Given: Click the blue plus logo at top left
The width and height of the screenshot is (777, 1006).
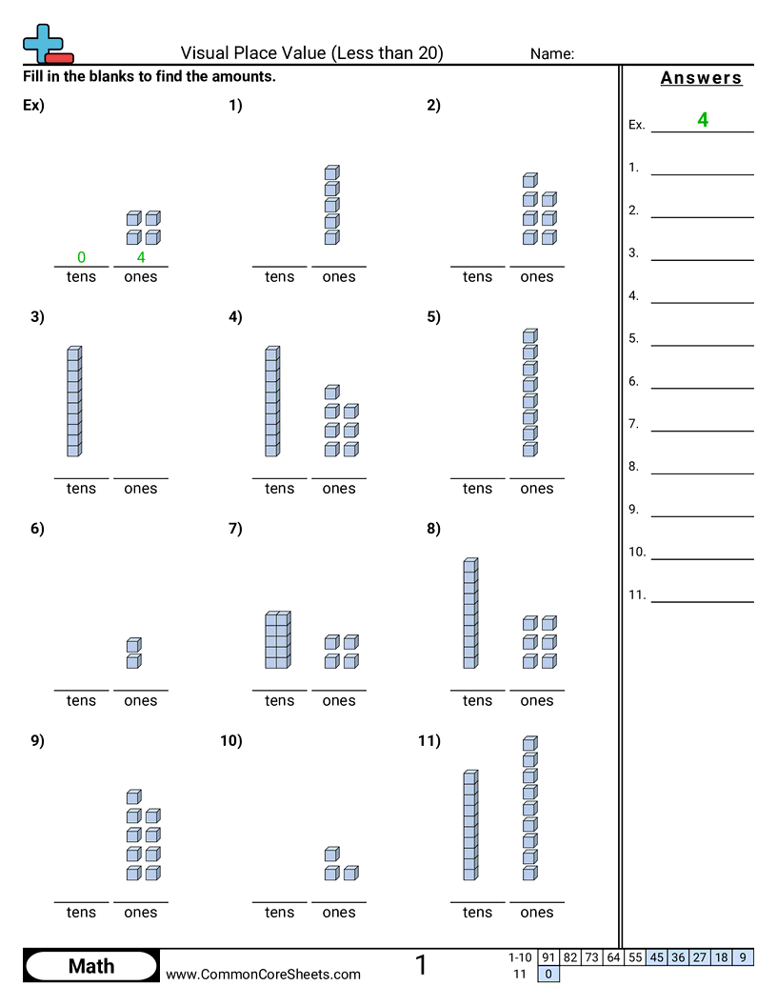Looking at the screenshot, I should pos(42,43).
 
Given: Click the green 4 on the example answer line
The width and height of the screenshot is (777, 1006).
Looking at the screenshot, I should pos(703,120).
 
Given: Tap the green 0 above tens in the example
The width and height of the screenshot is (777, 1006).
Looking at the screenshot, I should pos(81,257).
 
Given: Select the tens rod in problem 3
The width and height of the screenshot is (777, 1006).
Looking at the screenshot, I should pos(73,401).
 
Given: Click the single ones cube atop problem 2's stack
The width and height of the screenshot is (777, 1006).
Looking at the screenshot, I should pos(529,180).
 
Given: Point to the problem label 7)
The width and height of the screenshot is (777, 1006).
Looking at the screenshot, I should pos(235,529).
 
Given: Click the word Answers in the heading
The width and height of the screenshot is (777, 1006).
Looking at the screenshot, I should pos(701,78).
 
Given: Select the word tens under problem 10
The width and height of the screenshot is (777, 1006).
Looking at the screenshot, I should pos(279,912).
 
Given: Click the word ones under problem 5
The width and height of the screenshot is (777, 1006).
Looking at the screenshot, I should pos(536,488).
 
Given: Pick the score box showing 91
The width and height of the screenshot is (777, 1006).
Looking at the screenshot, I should pos(548,957).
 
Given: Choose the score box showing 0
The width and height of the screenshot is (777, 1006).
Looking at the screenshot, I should pos(548,974).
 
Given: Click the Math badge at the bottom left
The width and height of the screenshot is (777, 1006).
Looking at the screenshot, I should pos(90,966).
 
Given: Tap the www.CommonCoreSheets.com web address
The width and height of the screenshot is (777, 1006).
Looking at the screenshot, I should pos(264,974).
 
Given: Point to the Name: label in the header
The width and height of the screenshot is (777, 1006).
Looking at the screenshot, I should pos(552,54).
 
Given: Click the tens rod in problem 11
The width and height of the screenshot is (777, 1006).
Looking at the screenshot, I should pos(469,825).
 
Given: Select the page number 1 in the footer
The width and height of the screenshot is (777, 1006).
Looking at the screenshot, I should pos(421,965).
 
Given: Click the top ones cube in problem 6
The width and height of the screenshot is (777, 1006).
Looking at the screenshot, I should pos(133,645).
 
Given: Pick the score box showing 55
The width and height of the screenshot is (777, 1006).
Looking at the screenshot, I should pos(634,957).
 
